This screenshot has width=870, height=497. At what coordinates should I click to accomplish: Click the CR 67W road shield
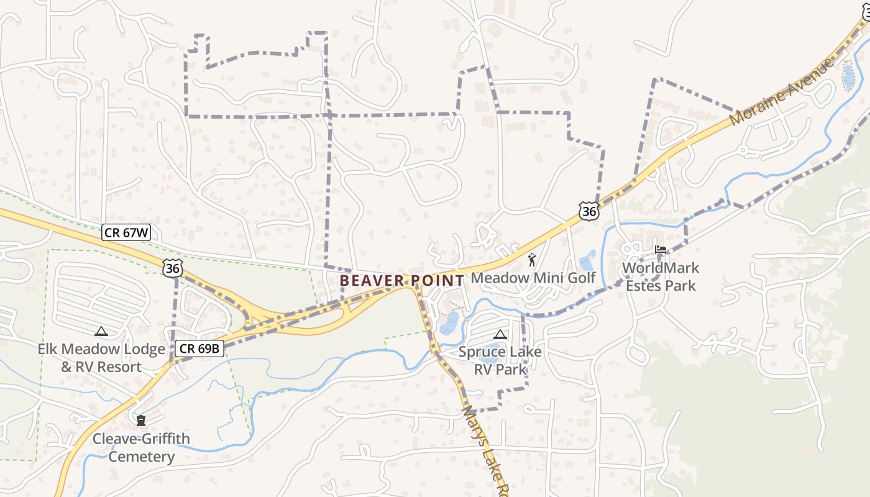126,233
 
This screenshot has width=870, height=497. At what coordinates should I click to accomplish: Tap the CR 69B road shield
199,349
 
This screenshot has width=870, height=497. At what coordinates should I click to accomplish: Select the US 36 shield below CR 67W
173,268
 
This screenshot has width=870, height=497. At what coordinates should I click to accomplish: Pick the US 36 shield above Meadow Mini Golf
588,211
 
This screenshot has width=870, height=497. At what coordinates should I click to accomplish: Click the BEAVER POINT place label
402,281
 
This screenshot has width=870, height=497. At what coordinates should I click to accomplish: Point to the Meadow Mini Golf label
533,278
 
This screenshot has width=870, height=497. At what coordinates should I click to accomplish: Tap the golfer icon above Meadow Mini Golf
531,260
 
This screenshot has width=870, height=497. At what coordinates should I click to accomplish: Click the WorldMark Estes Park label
661,277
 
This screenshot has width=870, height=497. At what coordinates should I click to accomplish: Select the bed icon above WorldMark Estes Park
661,250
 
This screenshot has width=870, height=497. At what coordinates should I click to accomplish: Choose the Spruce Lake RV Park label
500,360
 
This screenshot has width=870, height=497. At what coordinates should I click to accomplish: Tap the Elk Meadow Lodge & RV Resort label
101,358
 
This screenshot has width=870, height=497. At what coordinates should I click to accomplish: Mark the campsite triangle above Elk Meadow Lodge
101,332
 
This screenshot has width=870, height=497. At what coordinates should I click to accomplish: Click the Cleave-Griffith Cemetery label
142,448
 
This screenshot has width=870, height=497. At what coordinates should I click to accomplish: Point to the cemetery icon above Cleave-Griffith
142,421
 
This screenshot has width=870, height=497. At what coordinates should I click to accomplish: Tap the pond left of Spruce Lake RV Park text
451,321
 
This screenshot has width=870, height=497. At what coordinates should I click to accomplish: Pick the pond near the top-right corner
848,77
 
